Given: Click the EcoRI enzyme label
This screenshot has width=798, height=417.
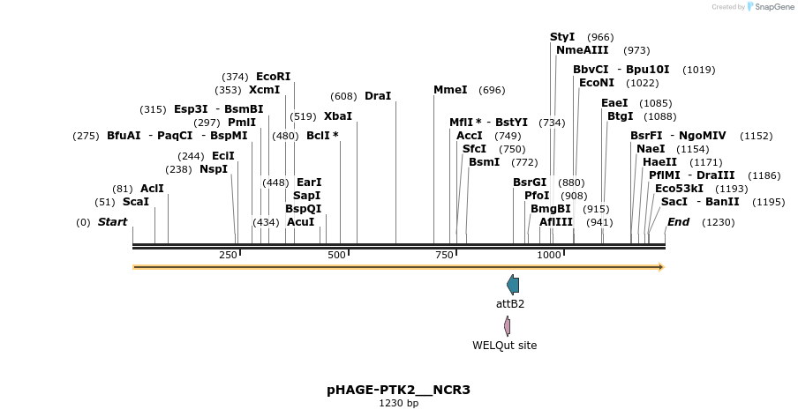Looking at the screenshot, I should coord(273,77).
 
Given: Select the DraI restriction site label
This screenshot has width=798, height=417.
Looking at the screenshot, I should coord(377,95).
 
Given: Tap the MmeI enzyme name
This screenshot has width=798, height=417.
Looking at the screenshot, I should coord(450,90).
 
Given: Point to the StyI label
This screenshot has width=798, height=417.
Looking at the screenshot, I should coord(562,37).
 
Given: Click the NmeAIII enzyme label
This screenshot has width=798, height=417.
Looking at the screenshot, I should coord(582,50).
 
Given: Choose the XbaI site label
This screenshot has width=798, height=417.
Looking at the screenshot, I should coord(337,115).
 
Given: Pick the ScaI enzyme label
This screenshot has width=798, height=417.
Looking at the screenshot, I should coord(135,202).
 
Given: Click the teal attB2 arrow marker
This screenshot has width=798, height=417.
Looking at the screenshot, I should coord(513,284).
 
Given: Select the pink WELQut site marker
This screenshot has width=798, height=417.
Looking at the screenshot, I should coord(508,326).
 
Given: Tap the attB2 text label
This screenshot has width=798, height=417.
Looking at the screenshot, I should coord(510,304).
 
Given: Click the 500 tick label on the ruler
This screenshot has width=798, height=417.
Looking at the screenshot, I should coord(336,255).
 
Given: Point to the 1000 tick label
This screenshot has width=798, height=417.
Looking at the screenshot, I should coord(549,255).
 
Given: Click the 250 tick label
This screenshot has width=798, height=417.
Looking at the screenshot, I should coord(228,255).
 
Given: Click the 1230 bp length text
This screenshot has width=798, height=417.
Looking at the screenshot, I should coord(399,403).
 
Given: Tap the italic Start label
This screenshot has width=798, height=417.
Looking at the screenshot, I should coord(112,222).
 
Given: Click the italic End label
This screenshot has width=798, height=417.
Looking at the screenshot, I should coord(678,222).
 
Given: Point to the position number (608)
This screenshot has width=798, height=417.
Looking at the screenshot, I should coord(343,96).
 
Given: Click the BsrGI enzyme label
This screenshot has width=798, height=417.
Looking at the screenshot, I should coord(530,182).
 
